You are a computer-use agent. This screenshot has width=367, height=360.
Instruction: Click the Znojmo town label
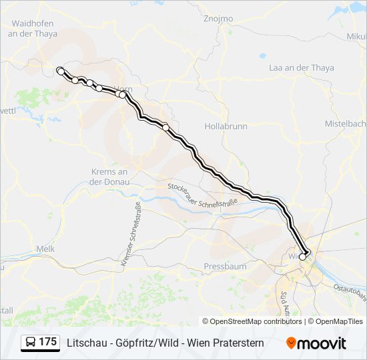pyautogui.click(x=218, y=19)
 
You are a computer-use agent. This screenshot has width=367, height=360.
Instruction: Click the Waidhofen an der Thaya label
pyautogui.click(x=32, y=29)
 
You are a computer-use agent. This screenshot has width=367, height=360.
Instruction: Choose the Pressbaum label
pyautogui.click(x=225, y=266)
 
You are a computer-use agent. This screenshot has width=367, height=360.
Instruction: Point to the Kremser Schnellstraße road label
pyautogui.click(x=130, y=234)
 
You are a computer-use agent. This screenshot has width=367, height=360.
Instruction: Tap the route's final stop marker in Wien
pyautogui.click(x=302, y=257)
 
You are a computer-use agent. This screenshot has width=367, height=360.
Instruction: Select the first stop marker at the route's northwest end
pyautogui.click(x=60, y=70)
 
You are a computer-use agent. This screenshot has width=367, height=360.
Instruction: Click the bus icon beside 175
pyautogui.click(x=30, y=343)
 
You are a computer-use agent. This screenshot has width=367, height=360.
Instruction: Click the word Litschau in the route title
pyautogui.click(x=84, y=343)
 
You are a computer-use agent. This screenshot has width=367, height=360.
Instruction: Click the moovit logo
pyautogui.click(x=316, y=343)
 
